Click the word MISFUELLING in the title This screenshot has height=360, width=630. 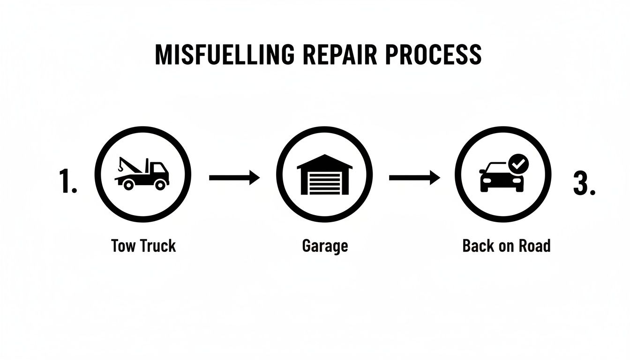[x=225, y=55]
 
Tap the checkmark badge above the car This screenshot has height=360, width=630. [x=518, y=165]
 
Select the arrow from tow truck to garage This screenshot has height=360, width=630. [x=234, y=178]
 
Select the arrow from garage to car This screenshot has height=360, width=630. [x=414, y=178]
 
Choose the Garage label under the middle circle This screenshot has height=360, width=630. [x=325, y=246]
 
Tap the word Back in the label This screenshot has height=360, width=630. [x=478, y=246]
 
